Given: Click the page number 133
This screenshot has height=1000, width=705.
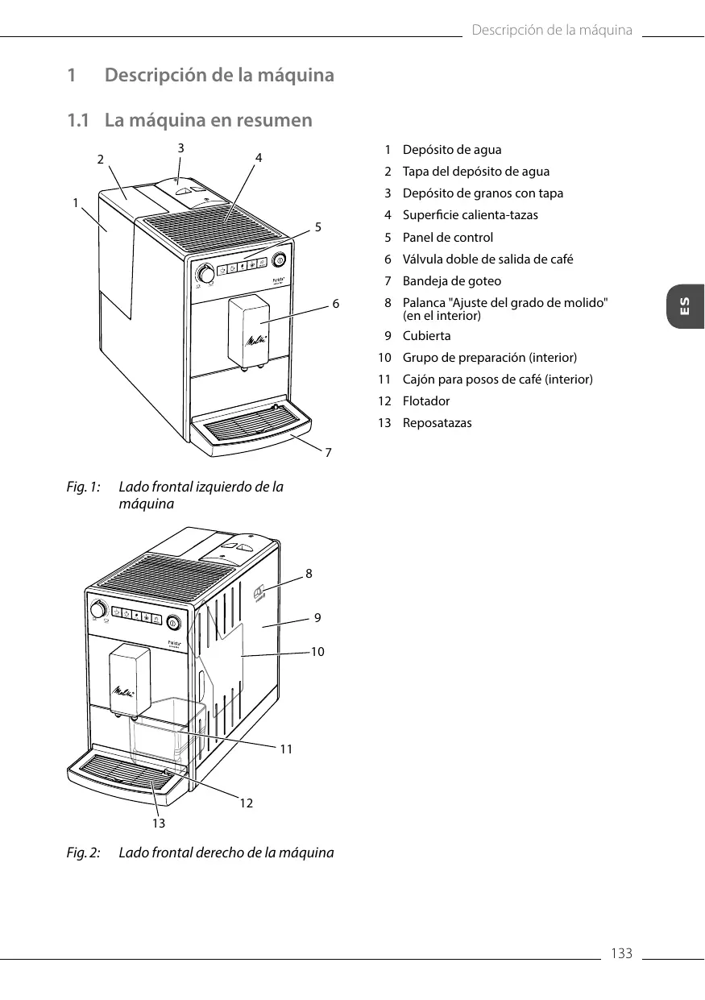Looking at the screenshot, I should click(621, 954).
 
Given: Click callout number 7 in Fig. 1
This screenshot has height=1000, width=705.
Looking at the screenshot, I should click(328, 453).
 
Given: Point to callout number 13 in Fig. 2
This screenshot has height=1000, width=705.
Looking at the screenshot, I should click(159, 823).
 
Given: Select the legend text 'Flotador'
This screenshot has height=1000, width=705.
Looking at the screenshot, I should click(426, 401).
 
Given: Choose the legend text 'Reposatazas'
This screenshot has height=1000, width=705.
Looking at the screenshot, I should click(437, 423).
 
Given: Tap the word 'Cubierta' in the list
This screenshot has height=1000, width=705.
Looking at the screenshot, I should click(426, 336).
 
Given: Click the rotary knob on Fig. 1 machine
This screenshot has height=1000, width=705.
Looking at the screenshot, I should click(206, 275).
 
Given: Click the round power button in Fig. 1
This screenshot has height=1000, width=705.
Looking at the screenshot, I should click(279, 259).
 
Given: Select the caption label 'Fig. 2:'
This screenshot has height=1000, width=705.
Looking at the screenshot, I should click(84, 853).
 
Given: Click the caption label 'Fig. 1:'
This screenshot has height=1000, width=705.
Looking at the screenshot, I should click(84, 488).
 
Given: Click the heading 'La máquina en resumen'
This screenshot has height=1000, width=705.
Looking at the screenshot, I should click(208, 121).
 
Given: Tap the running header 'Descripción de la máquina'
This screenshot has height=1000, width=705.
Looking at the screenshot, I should click(552, 31).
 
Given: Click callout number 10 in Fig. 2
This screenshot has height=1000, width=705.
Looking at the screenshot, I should click(317, 651).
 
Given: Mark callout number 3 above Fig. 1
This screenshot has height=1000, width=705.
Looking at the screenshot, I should click(181, 147).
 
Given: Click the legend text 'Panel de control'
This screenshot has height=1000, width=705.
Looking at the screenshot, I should click(447, 238).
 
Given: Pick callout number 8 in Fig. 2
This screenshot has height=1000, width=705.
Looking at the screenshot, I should click(309, 574).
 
